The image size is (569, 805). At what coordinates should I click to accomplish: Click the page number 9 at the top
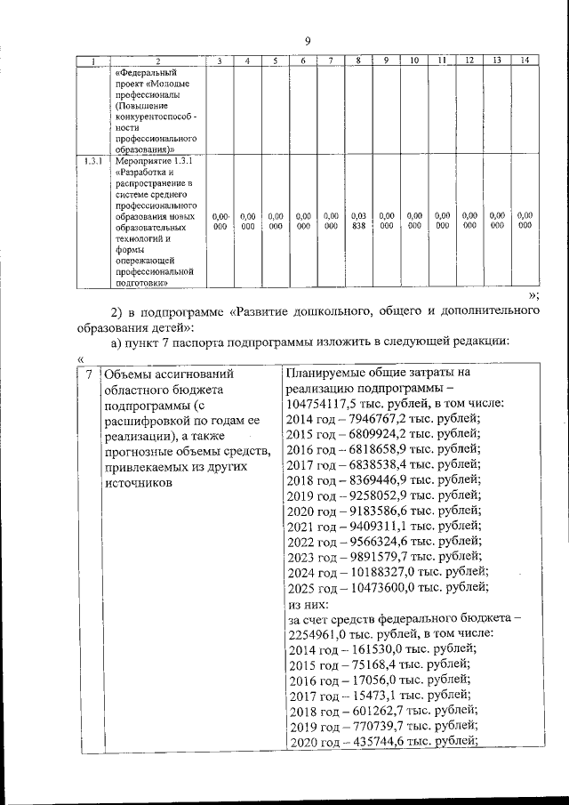(307, 41)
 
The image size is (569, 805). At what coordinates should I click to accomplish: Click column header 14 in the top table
(525, 60)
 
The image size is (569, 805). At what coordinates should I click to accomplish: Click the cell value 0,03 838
(358, 221)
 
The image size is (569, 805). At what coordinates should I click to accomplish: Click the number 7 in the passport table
(87, 374)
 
